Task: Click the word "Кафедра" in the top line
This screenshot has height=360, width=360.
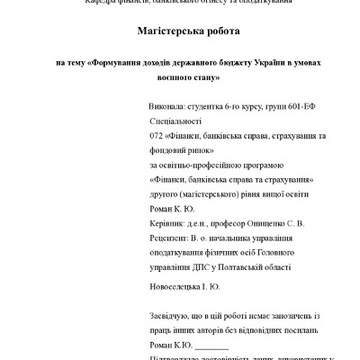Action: click(103, 2)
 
